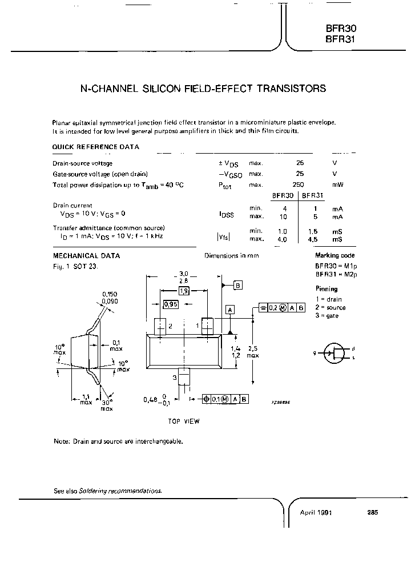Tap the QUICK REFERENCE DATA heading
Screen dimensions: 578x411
[95, 147]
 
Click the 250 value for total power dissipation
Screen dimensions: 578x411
[298, 184]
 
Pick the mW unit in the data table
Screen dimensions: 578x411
[337, 184]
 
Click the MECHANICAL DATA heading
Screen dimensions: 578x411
[86, 255]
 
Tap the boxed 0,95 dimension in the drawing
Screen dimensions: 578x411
[170, 304]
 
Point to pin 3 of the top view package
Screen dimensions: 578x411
[183, 378]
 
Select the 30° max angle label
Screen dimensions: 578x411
[107, 405]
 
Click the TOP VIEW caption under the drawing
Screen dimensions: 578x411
[183, 422]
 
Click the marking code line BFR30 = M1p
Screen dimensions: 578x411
[335, 266]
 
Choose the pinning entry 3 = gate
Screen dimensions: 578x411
[329, 316]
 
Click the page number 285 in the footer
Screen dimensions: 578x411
[372, 512]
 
